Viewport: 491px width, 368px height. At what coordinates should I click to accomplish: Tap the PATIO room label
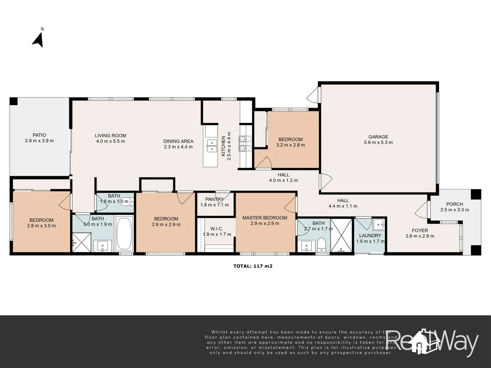pos(39,135)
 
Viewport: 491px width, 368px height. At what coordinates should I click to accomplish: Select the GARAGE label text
pos(378,137)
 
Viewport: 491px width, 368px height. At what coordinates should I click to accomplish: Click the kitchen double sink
pos(211,145)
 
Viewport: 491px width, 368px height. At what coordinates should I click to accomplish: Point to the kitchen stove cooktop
pos(245,144)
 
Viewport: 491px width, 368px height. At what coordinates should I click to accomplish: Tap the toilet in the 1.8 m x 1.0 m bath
pos(128,201)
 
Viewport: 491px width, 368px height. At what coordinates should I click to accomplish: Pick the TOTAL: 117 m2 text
pos(253,266)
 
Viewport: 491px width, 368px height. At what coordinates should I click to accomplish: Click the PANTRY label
pos(214,199)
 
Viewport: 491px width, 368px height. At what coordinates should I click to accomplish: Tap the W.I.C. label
pos(217,229)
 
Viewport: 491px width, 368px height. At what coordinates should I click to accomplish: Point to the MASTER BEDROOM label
pos(265,218)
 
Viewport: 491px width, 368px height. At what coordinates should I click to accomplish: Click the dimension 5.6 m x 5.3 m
pos(378,142)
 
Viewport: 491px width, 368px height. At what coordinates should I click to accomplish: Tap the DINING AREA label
pos(178,141)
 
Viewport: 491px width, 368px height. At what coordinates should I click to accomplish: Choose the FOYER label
pos(420,230)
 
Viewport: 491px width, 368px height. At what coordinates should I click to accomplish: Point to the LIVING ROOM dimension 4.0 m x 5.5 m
pos(110,141)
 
